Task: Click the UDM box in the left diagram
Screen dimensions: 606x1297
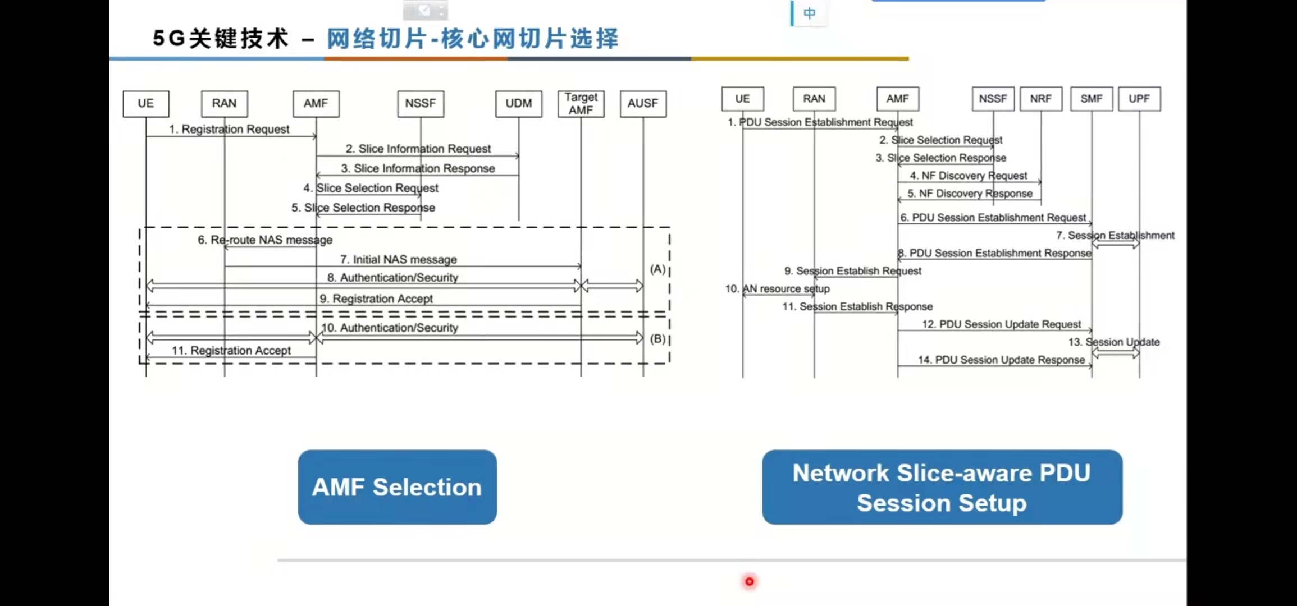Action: pos(518,104)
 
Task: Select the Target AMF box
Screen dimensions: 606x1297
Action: pos(581,104)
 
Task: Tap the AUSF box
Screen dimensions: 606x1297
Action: pos(643,104)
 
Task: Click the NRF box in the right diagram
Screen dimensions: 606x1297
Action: pos(1040,99)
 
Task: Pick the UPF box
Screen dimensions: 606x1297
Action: pos(1139,99)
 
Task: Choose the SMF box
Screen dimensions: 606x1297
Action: pos(1092,99)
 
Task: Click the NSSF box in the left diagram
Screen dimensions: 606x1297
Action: pos(421,104)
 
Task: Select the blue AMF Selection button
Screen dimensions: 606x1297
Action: pos(397,487)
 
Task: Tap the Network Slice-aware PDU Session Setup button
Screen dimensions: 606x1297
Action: pos(942,487)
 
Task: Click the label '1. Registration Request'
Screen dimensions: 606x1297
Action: pos(229,129)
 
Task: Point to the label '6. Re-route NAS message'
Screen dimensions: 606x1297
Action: pos(264,240)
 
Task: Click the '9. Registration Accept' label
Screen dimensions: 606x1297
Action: pos(376,299)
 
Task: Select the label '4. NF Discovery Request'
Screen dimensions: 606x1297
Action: pos(968,176)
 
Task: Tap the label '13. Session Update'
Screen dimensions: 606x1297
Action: pos(1114,342)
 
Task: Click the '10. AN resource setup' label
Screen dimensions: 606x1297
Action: pos(777,289)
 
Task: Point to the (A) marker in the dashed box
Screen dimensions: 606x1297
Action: pos(657,269)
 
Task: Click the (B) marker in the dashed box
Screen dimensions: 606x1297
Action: pos(657,339)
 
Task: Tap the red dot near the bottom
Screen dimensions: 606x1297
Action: pos(749,582)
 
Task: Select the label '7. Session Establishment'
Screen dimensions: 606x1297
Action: pos(1115,236)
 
